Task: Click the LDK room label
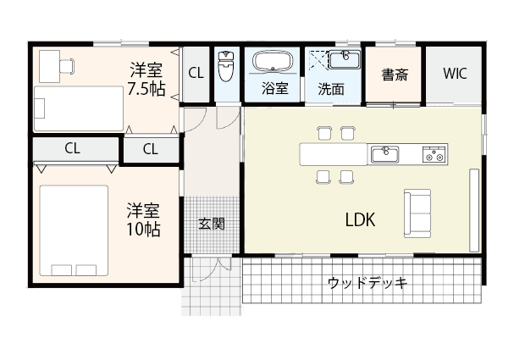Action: pyautogui.click(x=360, y=219)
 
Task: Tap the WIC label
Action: pyautogui.click(x=454, y=73)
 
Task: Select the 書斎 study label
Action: pyautogui.click(x=395, y=74)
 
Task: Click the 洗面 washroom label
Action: pyautogui.click(x=331, y=88)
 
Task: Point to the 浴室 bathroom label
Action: pyautogui.click(x=274, y=88)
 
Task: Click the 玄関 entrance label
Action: pyautogui.click(x=211, y=224)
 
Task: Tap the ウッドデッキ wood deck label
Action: pyautogui.click(x=368, y=282)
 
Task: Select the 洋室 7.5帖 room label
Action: pyautogui.click(x=146, y=78)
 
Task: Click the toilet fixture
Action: pyautogui.click(x=226, y=66)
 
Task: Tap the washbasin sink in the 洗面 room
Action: pyautogui.click(x=345, y=60)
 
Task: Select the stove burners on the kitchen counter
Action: pyautogui.click(x=434, y=154)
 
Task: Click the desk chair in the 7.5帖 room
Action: pyautogui.click(x=68, y=64)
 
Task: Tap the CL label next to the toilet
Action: pyautogui.click(x=196, y=74)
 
